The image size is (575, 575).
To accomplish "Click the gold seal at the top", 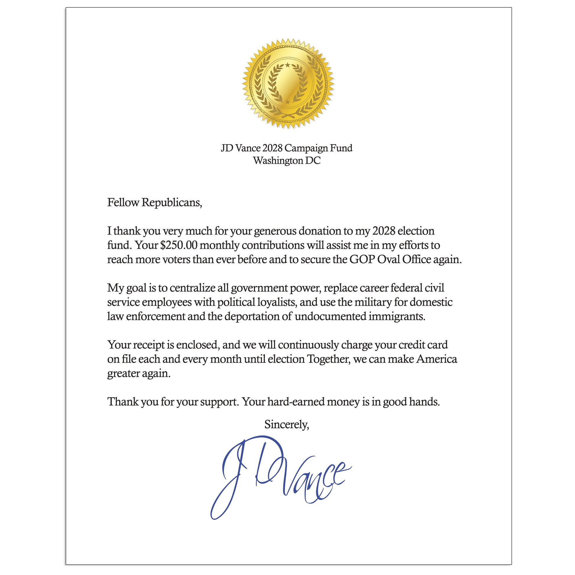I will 287,84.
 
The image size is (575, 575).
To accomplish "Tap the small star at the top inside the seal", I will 287,65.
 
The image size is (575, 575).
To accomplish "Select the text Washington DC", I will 287,161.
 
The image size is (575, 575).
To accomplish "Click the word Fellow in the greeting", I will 123,202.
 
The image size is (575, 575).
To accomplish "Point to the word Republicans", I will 172,202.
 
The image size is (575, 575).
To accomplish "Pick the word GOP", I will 362,259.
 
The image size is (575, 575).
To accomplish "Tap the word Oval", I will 389,259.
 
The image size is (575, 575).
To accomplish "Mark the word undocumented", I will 330,316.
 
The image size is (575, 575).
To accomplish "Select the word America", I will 437,359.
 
